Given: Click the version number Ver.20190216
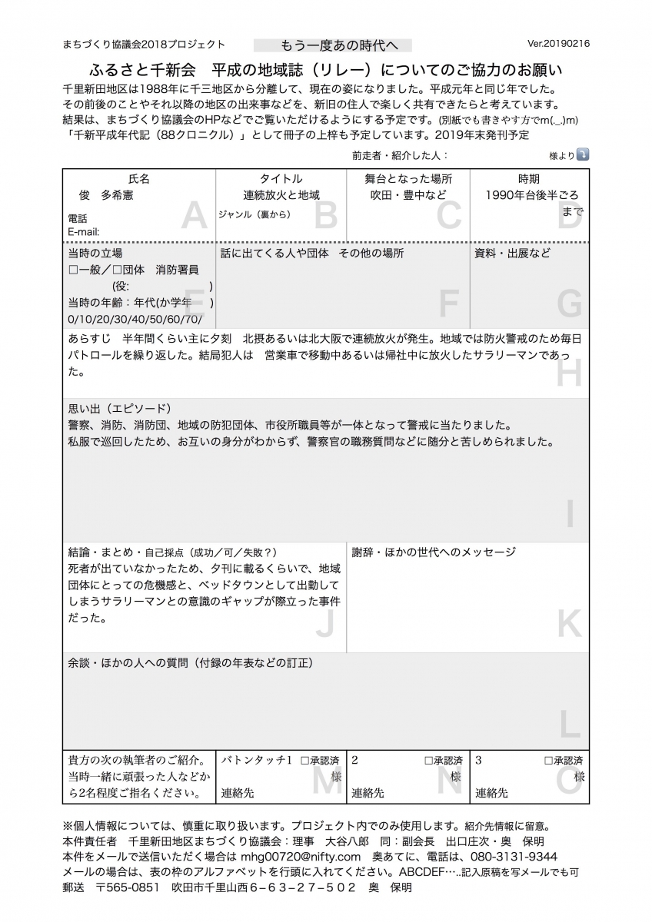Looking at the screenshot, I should tap(559, 45).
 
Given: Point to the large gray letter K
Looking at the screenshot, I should tap(569, 624).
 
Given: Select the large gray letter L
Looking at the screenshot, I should tap(569, 725).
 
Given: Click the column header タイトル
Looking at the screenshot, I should tap(281, 178).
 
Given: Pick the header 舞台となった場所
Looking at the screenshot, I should tap(407, 178).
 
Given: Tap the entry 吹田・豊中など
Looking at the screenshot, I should tap(407, 195).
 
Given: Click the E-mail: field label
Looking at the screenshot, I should tap(84, 231).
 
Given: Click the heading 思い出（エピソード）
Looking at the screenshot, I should tap(119, 408).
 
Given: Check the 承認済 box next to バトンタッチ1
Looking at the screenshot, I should tap(304, 761).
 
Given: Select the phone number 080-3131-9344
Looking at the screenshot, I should tap(509, 856).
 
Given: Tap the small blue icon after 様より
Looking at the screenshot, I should tap(583, 154).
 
